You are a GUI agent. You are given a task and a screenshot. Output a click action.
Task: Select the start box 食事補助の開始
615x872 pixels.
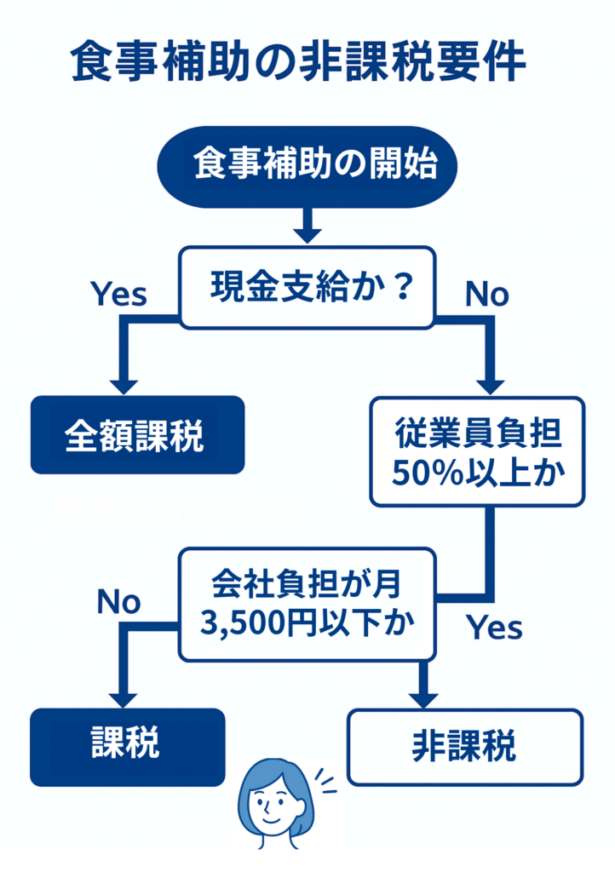307,165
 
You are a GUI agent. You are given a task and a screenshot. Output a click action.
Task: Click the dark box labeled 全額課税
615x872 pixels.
137,434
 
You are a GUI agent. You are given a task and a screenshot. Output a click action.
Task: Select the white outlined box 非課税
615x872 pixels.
465,747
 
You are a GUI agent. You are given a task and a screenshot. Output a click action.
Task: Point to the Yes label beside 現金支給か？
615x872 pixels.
119,294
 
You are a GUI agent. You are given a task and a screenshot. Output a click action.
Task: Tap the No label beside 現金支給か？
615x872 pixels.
486,294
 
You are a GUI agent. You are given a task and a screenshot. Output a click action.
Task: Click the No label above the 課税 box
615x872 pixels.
118,602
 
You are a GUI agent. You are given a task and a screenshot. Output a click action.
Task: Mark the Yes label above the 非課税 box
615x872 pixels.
493,628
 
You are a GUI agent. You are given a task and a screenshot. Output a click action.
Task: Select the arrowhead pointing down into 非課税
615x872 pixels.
422,697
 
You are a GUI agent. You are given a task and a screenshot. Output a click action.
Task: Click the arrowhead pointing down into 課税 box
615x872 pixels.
124,697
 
